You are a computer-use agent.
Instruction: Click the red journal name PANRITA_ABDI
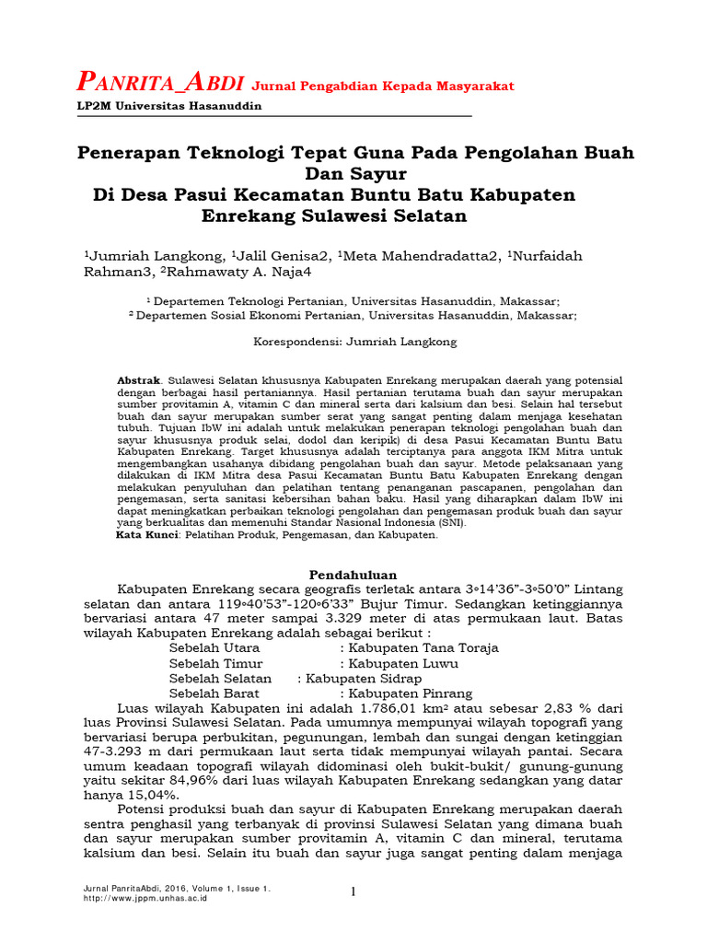(159, 84)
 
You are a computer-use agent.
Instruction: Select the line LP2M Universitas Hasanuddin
(168, 106)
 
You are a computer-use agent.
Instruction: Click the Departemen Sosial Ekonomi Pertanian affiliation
(353, 314)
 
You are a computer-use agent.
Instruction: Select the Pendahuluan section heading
(353, 574)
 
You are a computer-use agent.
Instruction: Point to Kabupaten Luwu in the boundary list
(397, 663)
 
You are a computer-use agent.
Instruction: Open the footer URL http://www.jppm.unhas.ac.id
(145, 898)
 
